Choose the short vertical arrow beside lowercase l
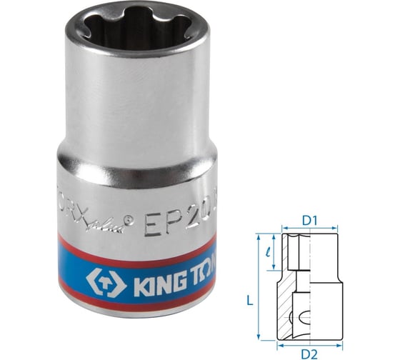[x=274, y=254]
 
